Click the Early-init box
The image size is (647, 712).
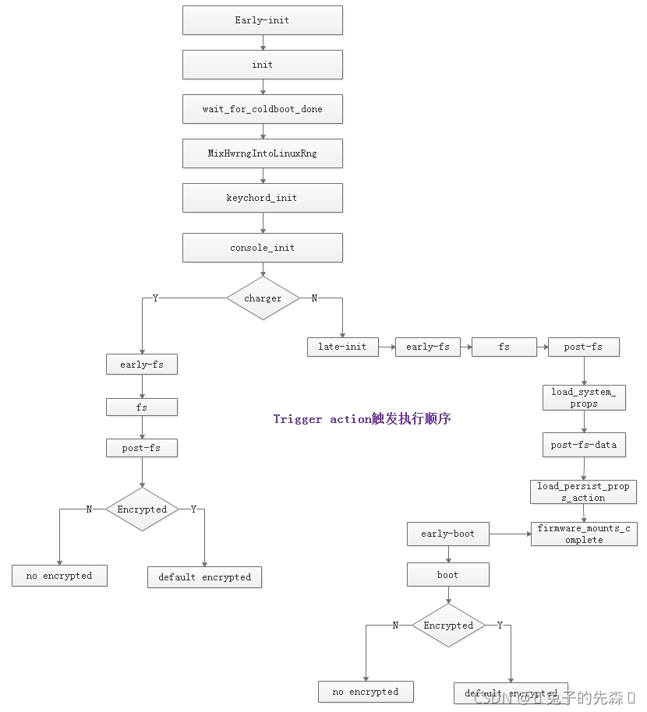point(262,20)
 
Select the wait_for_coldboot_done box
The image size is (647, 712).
point(262,109)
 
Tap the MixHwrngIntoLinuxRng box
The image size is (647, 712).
point(262,153)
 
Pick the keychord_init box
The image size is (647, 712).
point(262,198)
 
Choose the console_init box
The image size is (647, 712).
point(262,248)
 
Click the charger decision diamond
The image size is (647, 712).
point(263,298)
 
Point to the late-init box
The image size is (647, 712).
point(342,347)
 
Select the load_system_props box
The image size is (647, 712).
point(583,397)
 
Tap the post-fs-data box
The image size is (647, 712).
point(583,445)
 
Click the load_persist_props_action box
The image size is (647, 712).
point(583,492)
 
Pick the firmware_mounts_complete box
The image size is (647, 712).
point(583,534)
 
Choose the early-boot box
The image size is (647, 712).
point(447,534)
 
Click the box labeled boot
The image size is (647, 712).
point(447,575)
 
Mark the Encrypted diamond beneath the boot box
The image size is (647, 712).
point(448,625)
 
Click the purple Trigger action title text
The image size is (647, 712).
point(362,419)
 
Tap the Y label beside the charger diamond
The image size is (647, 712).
point(155,298)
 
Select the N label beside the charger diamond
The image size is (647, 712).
point(314,298)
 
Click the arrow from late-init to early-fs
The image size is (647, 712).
point(387,347)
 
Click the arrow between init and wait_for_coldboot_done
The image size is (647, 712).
point(263,87)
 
